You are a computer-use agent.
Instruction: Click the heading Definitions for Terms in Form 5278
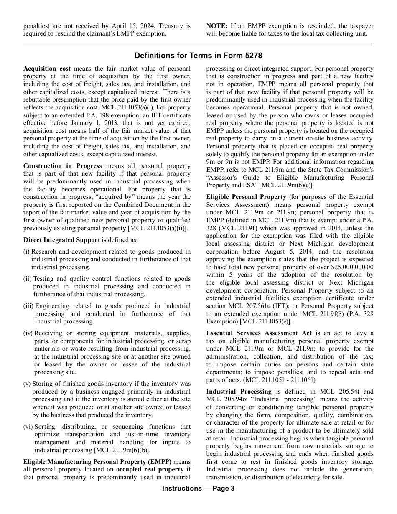pyautogui.click(x=198, y=56)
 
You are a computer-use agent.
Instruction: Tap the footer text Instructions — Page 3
pyautogui.click(x=198, y=489)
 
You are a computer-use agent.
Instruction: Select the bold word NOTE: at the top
pyautogui.click(x=216, y=26)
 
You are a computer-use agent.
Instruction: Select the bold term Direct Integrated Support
pyautogui.click(x=61, y=240)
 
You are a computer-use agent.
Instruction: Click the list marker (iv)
pyautogui.click(x=28, y=333)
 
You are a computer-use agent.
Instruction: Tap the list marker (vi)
pyautogui.click(x=28, y=427)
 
